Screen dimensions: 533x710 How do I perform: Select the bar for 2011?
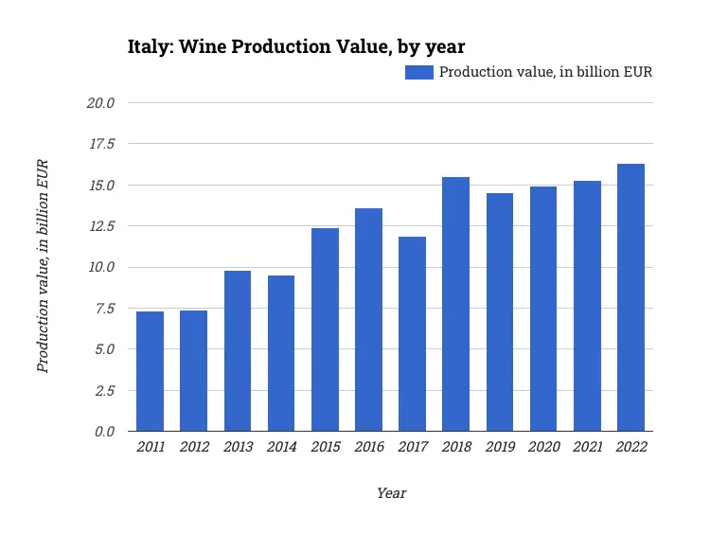coord(150,371)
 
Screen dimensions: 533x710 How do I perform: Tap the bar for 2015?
coord(325,329)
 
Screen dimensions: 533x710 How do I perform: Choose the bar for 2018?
coord(455,304)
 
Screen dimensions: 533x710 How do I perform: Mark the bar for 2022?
coord(630,297)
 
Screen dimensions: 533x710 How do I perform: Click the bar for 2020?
coord(543,309)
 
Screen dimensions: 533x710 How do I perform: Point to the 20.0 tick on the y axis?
coord(99,102)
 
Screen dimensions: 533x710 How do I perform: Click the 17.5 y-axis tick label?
coord(99,144)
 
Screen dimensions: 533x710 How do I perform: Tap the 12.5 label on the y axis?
coord(99,226)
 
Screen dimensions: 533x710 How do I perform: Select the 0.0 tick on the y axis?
coord(103,432)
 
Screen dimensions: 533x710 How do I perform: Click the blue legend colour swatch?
coord(418,72)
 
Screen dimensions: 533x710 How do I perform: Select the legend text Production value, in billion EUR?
coord(545,72)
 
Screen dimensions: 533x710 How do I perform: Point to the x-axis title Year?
coord(391,493)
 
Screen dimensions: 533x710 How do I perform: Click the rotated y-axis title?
coord(43,266)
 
